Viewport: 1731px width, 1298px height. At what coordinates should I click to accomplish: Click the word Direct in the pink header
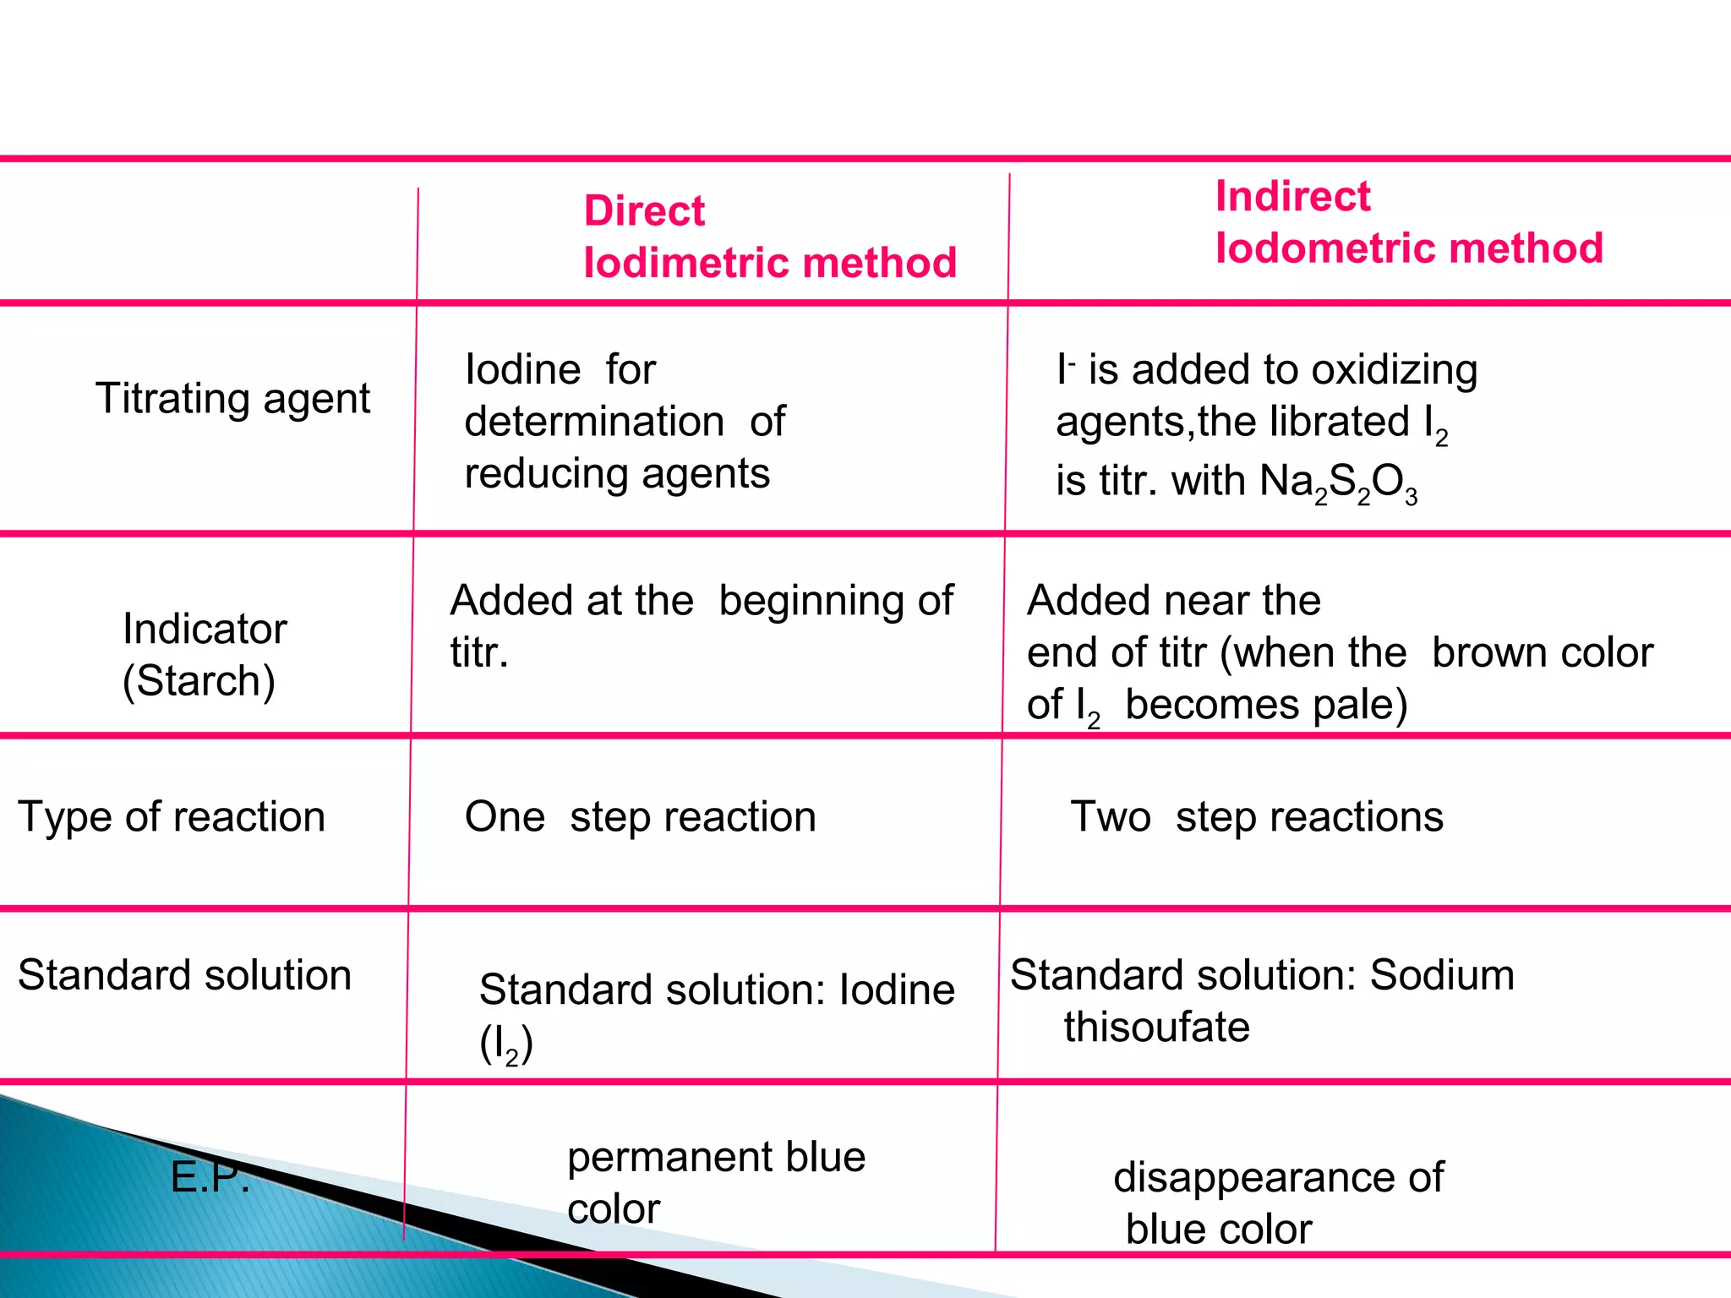[644, 210]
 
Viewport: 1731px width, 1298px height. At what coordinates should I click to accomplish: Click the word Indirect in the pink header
[1292, 196]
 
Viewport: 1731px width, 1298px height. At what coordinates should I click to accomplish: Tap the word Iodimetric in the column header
[684, 263]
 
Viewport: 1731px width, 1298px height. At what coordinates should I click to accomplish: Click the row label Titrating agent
[232, 398]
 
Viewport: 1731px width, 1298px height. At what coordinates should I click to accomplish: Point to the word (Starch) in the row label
[199, 681]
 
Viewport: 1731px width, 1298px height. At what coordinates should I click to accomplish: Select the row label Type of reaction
[172, 817]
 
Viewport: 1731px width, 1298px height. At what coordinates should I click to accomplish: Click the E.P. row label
[210, 1176]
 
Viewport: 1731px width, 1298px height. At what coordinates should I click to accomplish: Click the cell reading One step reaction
[640, 817]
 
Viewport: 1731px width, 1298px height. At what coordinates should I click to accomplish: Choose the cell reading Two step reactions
[1257, 817]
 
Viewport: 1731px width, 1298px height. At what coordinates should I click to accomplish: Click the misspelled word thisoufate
[1156, 1028]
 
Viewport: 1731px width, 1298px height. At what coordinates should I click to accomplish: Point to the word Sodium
[1442, 975]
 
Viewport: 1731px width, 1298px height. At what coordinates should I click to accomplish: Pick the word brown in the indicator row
[1483, 653]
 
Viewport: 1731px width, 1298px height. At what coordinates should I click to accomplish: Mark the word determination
[594, 422]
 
